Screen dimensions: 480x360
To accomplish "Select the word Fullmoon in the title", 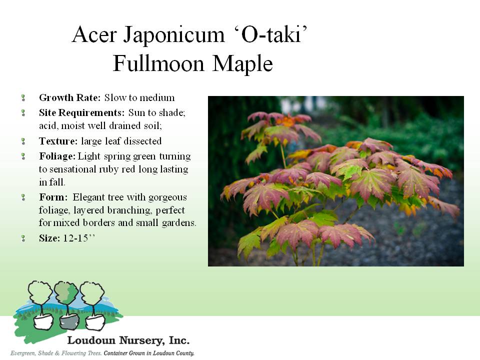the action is (x=158, y=63).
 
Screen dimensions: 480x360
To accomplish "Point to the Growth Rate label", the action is (x=70, y=97).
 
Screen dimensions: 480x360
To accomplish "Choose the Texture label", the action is (x=58, y=141).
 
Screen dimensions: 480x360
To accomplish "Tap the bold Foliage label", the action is (x=57, y=156).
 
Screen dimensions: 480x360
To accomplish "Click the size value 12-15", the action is (x=75, y=238).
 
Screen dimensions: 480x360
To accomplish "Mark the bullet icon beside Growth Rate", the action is (x=23, y=98).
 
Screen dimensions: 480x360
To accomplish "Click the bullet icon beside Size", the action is (x=23, y=238).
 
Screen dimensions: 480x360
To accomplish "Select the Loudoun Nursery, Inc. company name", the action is (x=128, y=340).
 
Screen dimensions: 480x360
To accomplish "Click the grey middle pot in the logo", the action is (x=69, y=321).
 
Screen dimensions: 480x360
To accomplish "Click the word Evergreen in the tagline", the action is (x=23, y=353).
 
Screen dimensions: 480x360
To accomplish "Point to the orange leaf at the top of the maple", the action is (x=285, y=121).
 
